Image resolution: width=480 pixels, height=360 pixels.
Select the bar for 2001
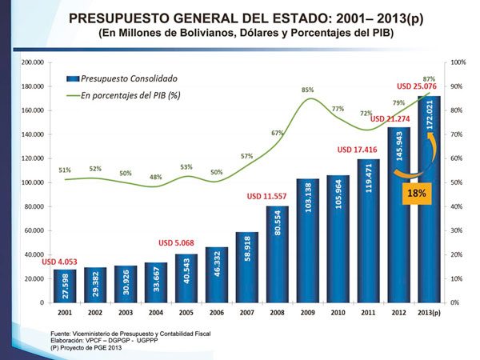click(65, 286)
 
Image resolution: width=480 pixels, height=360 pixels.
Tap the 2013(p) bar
click(428, 200)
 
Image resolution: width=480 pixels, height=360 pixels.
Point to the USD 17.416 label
click(356, 149)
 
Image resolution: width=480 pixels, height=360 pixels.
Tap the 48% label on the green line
click(156, 177)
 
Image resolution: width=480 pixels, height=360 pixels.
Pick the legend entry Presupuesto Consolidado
click(128, 79)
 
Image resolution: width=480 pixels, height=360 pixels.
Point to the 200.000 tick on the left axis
click(32, 62)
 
